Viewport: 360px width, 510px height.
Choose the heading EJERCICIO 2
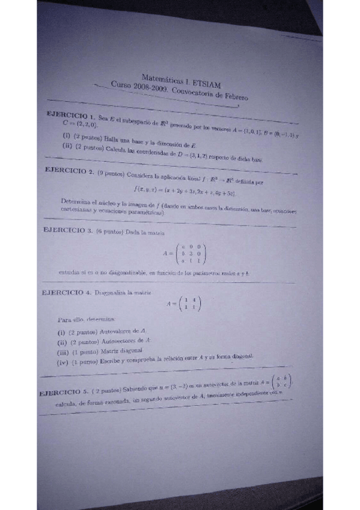69,170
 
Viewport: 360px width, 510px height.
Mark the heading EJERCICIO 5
64,392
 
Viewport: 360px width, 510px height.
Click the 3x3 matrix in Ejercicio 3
192,253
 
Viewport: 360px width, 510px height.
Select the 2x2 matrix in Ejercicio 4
192,304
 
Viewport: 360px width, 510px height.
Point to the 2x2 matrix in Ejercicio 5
283,382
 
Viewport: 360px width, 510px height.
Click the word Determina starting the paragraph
76,201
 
